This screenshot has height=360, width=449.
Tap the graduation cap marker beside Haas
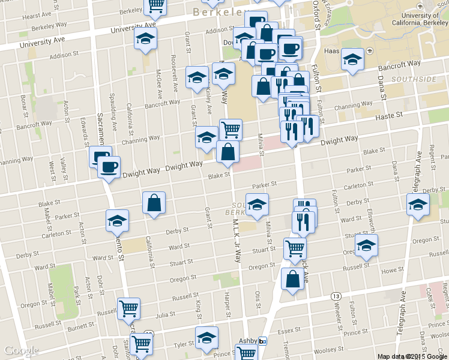tap(353, 59)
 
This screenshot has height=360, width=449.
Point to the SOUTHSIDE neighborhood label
tap(414, 79)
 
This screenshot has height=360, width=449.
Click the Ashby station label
tap(248, 340)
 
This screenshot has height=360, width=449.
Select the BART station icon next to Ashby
tap(262, 341)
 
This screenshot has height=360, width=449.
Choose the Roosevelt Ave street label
tap(174, 77)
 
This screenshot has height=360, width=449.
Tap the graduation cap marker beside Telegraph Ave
tap(418, 205)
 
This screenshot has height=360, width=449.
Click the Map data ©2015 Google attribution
tap(412, 356)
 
